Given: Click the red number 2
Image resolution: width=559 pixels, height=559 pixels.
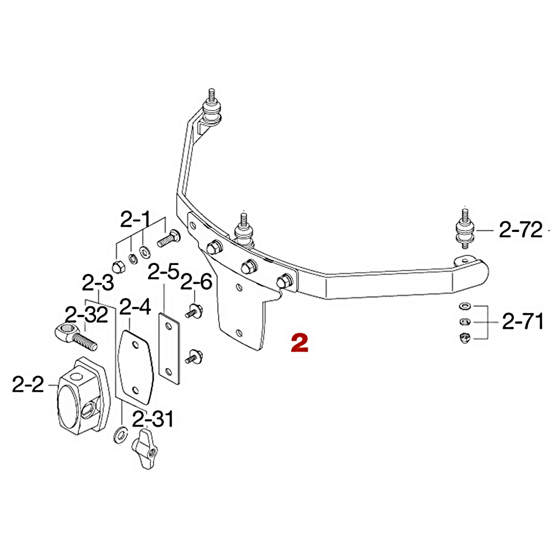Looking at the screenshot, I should click(x=300, y=343).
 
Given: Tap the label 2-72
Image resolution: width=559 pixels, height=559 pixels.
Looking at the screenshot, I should click(x=521, y=230).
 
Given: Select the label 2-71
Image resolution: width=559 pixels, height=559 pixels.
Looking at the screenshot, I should click(x=523, y=322).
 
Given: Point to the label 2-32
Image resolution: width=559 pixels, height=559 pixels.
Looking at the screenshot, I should click(x=86, y=315).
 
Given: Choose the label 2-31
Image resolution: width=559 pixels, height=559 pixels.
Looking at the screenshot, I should click(x=153, y=419).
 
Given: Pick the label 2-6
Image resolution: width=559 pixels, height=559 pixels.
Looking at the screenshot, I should click(x=196, y=282).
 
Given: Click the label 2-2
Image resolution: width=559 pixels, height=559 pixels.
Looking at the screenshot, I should click(x=28, y=385).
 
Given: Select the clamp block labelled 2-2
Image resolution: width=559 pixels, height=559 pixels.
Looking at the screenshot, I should click(x=82, y=395).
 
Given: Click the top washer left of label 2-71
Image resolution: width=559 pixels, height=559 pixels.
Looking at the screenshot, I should click(x=463, y=306).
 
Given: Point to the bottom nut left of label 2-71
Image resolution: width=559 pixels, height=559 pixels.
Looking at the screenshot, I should click(x=463, y=337).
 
